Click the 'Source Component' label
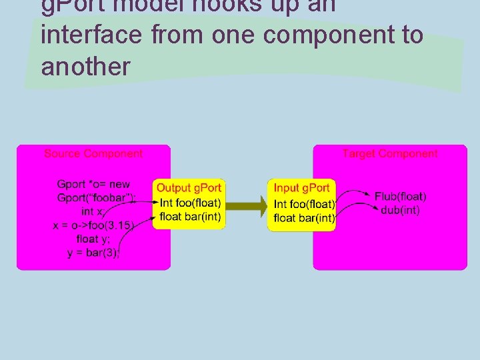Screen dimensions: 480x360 93,154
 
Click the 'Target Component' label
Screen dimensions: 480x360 390,154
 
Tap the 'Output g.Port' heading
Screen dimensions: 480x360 189,189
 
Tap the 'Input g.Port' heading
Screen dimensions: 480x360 302,189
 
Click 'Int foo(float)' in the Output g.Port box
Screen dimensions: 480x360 191,203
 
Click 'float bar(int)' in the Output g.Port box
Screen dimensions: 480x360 191,217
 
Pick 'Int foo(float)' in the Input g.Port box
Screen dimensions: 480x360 305,204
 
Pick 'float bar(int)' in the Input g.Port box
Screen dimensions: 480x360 305,218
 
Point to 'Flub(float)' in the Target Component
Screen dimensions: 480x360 400,197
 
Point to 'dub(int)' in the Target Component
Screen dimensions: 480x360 401,210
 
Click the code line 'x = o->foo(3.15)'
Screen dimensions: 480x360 93,225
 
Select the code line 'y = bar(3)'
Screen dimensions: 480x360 93,253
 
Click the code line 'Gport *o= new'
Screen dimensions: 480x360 94,184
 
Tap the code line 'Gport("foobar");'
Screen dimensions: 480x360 97,197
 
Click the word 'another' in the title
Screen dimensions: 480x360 85,67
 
